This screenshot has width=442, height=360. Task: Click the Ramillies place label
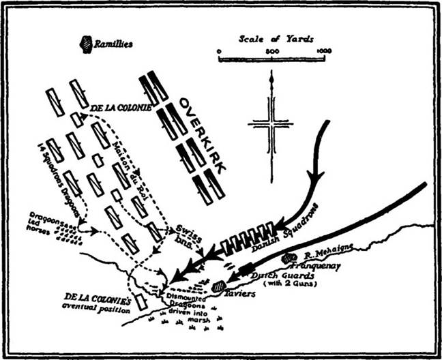[x=114, y=44]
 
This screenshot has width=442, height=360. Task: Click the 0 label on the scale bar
[x=219, y=51]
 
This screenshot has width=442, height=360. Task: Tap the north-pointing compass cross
[x=271, y=123]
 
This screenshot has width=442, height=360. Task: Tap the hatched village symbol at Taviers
[x=219, y=286]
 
